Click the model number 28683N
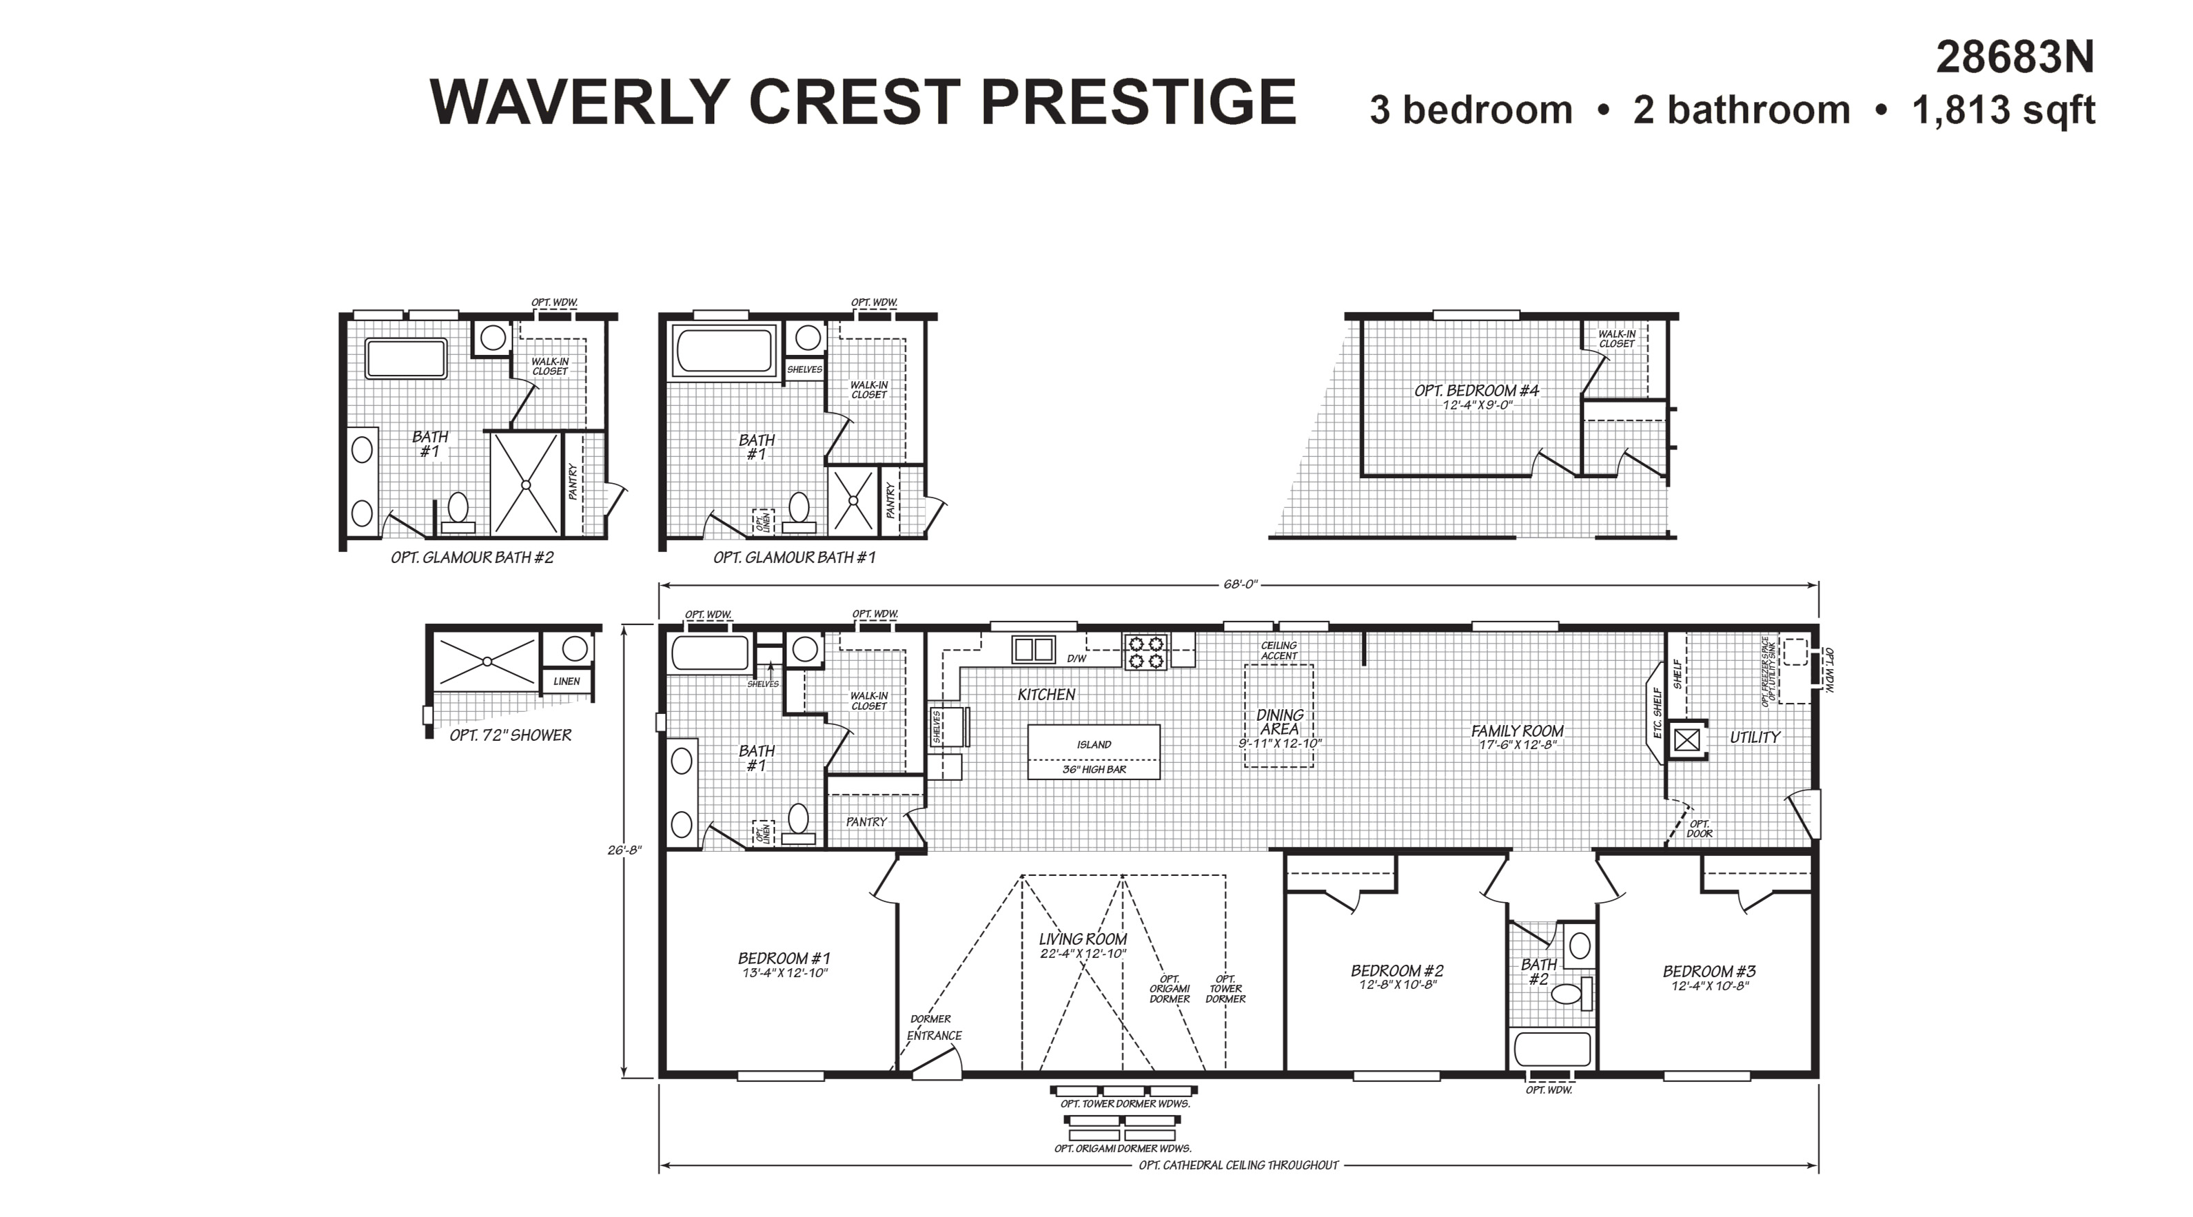pos(2014,58)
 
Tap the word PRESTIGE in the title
pos(1139,102)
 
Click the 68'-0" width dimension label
pos(1238,584)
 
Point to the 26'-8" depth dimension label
pos(624,849)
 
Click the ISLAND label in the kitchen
pos(1094,745)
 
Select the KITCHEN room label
pos(1046,695)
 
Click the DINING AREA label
pos(1280,722)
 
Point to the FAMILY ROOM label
pos(1517,730)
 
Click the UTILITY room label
pos(1755,737)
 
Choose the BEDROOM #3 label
pos(1709,971)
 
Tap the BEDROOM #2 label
pos(1397,970)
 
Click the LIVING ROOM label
pos(1083,939)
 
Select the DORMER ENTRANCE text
pos(933,1027)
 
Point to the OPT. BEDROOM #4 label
pos(1477,391)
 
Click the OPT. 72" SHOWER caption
pos(510,735)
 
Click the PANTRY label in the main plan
pos(866,822)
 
